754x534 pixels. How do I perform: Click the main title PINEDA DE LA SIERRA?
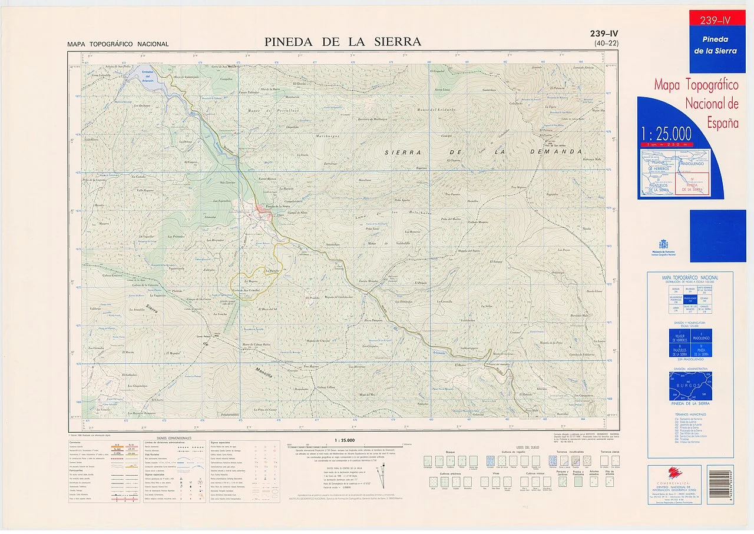click(x=342, y=42)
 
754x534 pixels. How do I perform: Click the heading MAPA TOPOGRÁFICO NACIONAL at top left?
click(x=118, y=44)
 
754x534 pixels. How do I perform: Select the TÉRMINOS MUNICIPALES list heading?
click(x=689, y=414)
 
